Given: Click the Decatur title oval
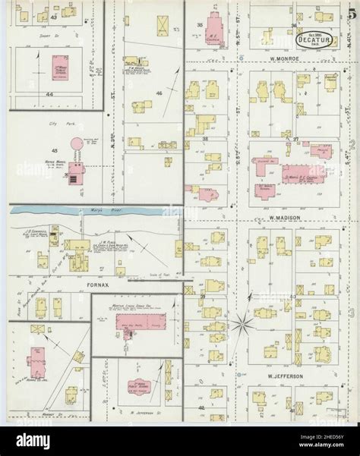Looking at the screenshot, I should point(312,34).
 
